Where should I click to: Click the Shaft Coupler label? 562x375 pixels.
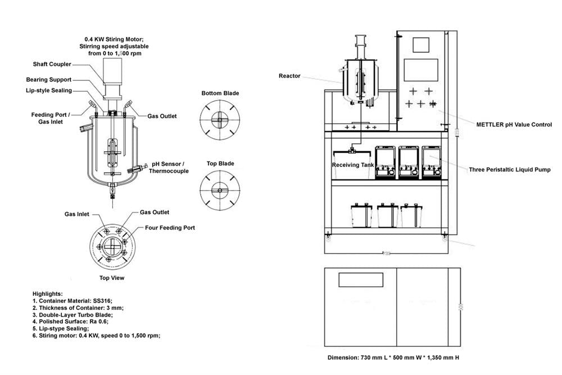pos(52,64)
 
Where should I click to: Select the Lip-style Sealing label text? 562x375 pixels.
pos(49,91)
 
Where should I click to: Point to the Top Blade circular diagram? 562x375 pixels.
pos(220,191)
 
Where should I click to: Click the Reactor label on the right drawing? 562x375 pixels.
pos(289,76)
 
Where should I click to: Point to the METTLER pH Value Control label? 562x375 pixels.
pos(514,124)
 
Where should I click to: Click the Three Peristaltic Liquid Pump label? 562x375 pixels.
pos(510,169)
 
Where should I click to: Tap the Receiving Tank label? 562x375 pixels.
pos(353,165)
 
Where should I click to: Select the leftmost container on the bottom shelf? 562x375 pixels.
pos(362,214)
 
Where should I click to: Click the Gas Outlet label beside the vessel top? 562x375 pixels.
pos(162,116)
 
